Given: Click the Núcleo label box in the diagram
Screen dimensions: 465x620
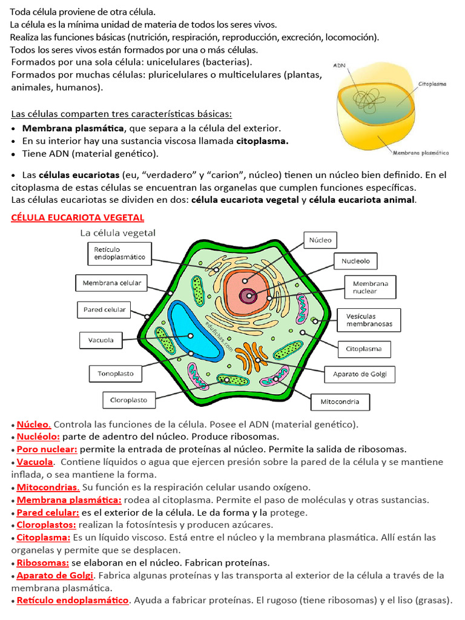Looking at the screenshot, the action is click(x=320, y=240).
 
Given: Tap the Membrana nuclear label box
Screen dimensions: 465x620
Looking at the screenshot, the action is click(x=370, y=287).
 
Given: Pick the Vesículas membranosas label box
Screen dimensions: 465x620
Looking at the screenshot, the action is click(x=369, y=320).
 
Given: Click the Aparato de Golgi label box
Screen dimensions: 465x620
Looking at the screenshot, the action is click(x=360, y=374).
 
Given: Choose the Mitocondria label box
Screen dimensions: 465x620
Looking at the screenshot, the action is click(x=340, y=401).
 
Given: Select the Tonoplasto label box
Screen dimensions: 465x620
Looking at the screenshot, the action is click(x=116, y=374).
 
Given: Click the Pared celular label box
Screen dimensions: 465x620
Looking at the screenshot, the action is click(x=104, y=310).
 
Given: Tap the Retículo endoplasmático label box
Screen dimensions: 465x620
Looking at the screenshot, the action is click(x=120, y=253).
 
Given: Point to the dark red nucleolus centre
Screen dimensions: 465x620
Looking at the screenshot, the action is click(x=248, y=296).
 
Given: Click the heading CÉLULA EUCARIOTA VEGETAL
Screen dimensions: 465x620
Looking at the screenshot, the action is click(x=77, y=217).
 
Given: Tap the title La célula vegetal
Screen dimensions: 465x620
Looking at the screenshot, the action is click(x=118, y=232).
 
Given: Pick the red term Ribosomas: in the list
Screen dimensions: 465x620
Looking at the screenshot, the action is click(x=42, y=563).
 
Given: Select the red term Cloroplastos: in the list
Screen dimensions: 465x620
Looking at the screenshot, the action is click(x=46, y=525).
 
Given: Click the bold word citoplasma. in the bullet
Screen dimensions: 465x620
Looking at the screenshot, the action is click(x=262, y=141).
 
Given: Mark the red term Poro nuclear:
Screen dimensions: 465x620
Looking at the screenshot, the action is click(x=47, y=449).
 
